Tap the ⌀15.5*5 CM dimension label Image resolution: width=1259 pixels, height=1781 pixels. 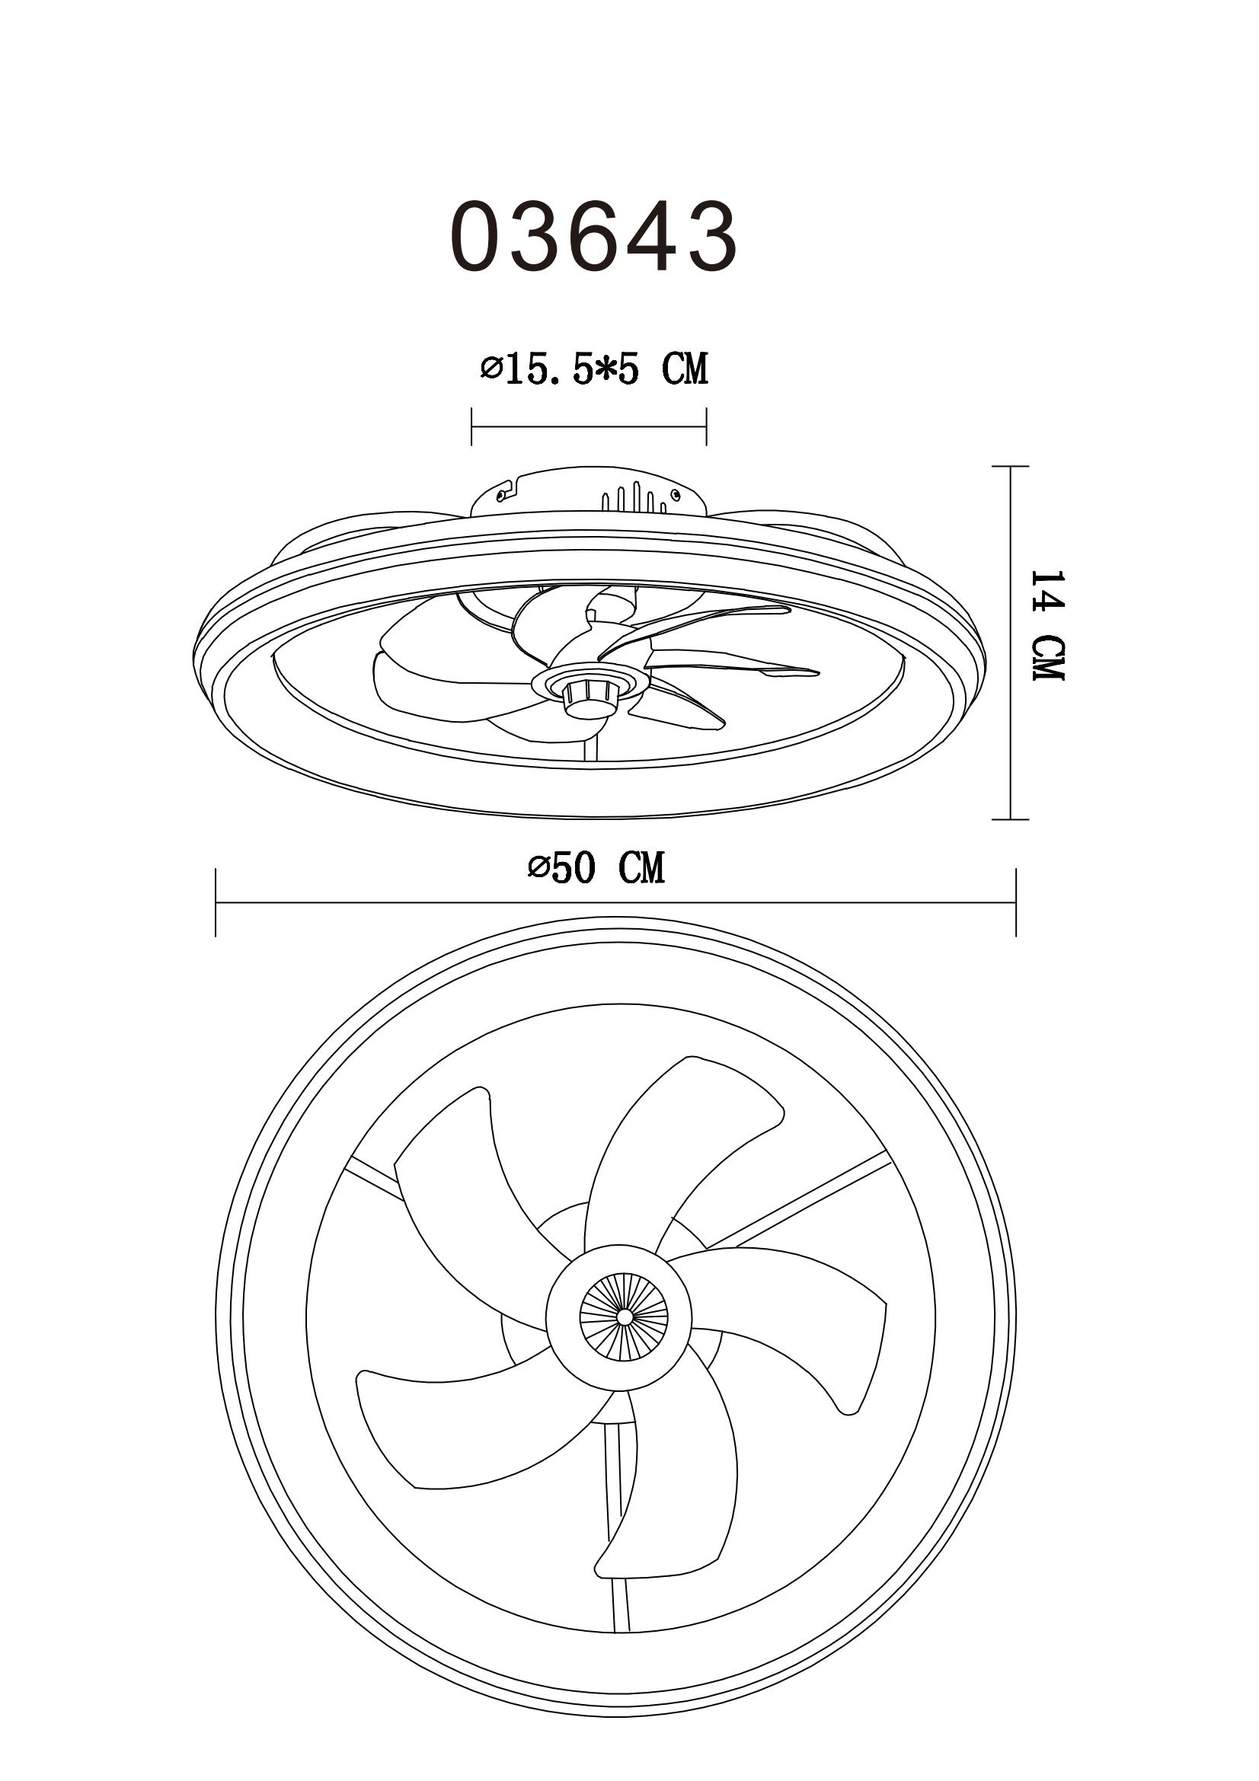(x=593, y=369)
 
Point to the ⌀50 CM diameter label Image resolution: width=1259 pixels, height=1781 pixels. (x=596, y=867)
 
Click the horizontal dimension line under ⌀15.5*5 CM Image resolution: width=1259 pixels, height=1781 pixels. (x=589, y=426)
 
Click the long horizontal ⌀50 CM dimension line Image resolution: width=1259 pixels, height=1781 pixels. (x=615, y=902)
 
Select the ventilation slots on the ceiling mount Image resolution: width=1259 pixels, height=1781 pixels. (x=634, y=497)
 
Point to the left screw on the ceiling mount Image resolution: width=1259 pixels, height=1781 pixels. (x=502, y=493)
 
